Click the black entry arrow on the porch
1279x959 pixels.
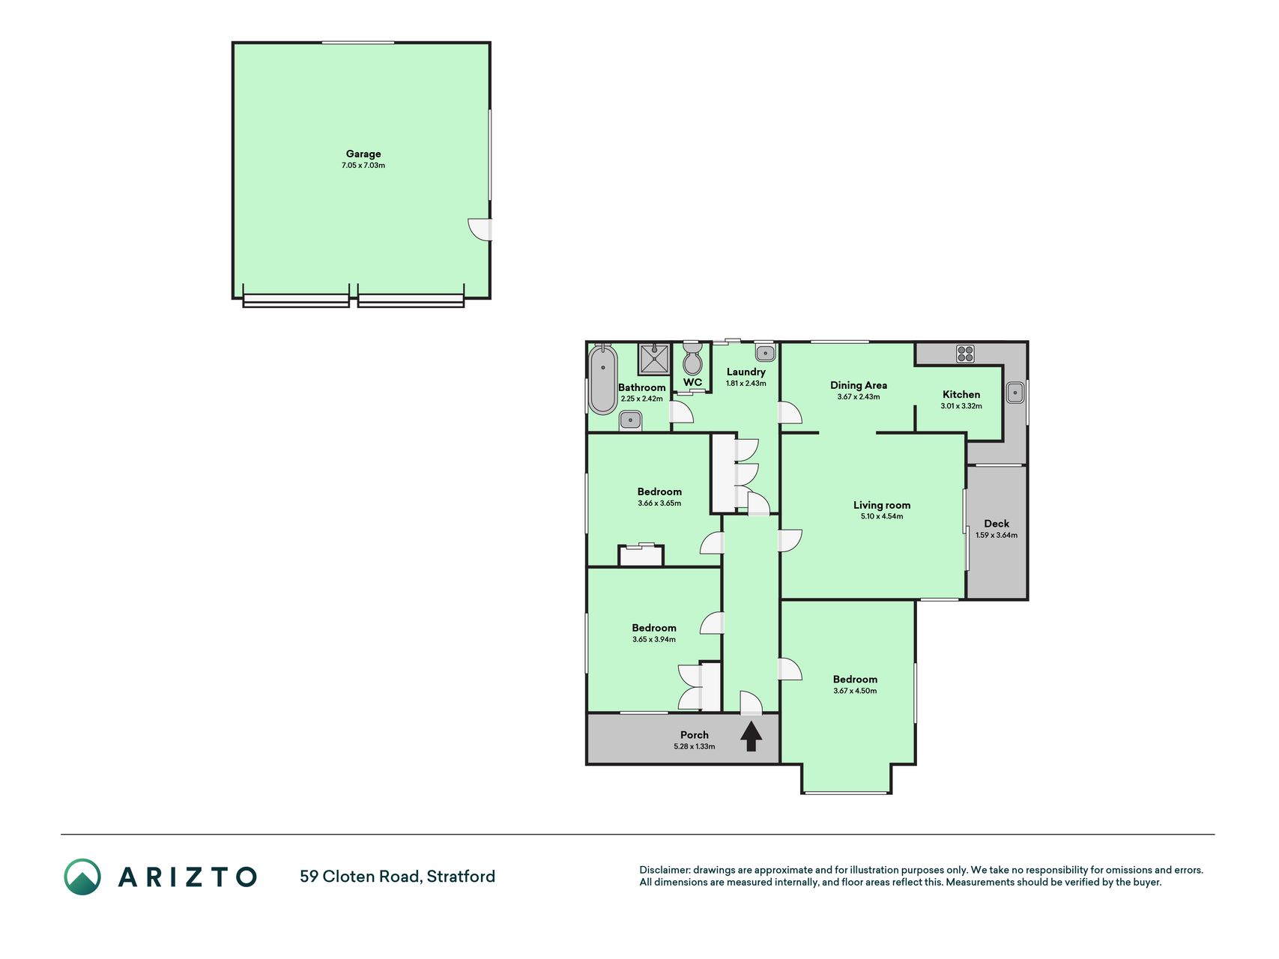[751, 736]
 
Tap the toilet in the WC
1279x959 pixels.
[692, 359]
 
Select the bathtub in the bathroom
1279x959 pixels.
[602, 380]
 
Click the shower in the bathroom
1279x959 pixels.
[656, 359]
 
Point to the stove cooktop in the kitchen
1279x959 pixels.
[965, 354]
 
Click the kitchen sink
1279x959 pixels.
[1015, 392]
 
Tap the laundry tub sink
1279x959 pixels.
[765, 352]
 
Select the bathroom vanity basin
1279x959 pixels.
[631, 420]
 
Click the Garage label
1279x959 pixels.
[363, 154]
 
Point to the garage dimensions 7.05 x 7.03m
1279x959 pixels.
[363, 166]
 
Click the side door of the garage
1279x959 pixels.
[480, 229]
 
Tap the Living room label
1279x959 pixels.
[882, 505]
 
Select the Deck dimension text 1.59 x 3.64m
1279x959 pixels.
[997, 535]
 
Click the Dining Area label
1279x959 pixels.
[859, 385]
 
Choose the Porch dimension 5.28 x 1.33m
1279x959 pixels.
[695, 746]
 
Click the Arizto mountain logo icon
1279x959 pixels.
[82, 877]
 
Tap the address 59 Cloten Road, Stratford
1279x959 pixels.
[397, 877]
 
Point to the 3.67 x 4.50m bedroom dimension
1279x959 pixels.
[855, 691]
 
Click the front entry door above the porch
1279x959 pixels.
[751, 703]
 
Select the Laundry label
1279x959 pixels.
[746, 372]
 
